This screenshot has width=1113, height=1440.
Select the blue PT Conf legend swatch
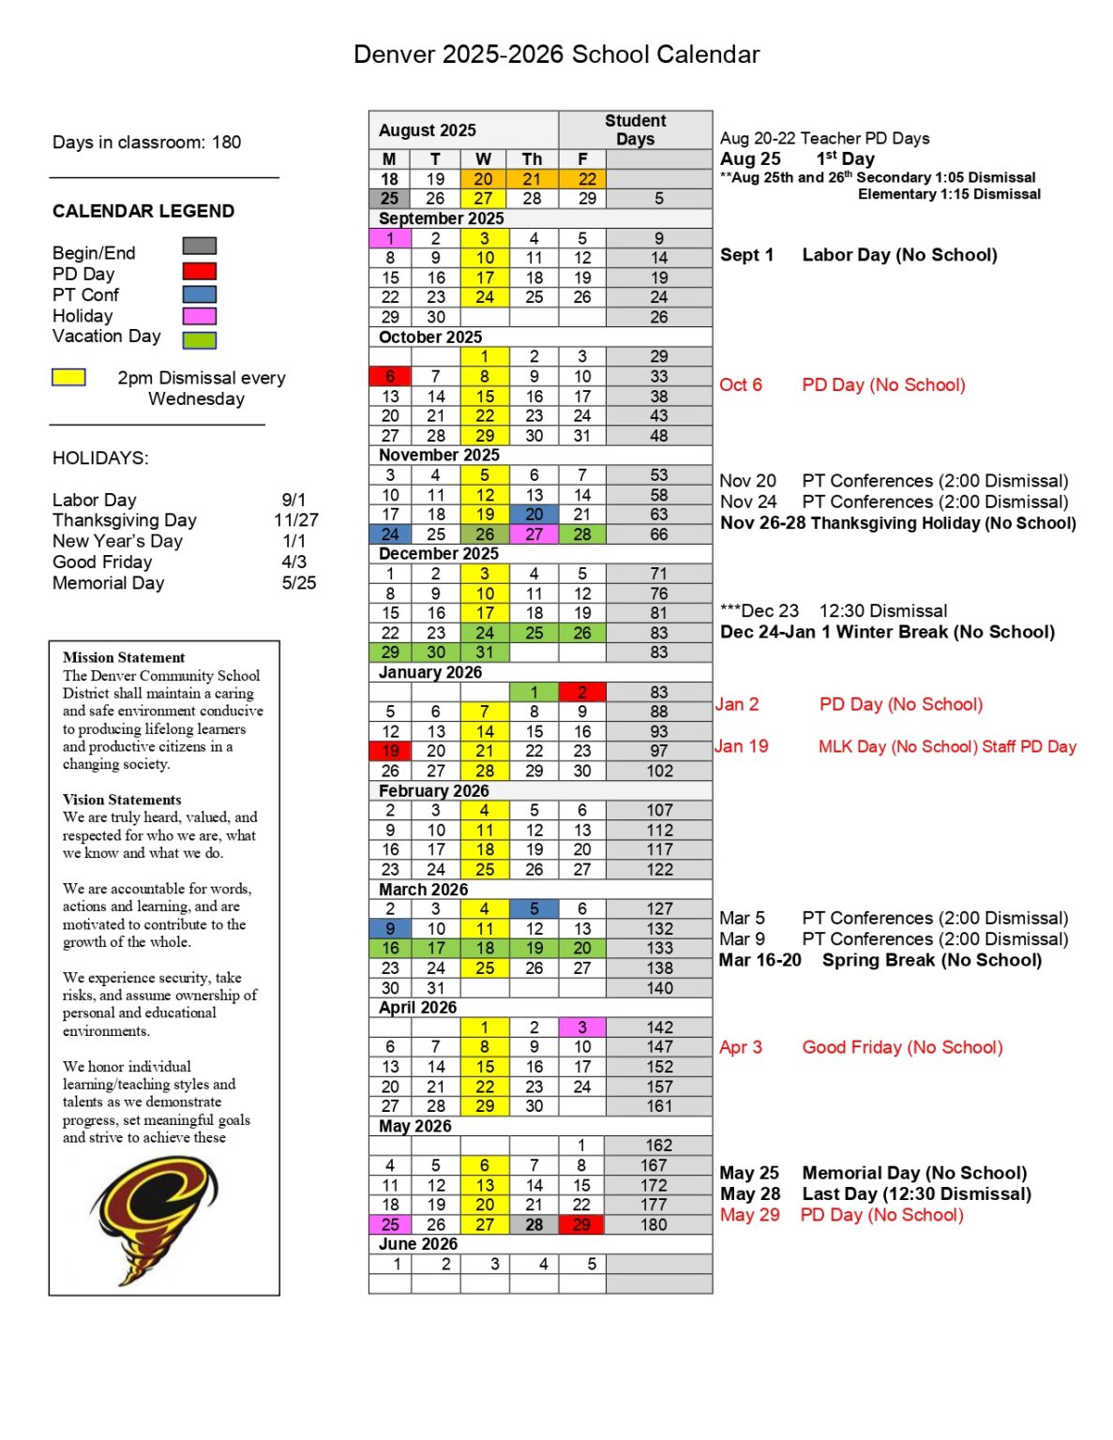[x=199, y=294]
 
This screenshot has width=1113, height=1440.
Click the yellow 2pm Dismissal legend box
[x=68, y=378]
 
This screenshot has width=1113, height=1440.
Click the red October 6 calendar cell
[x=390, y=377]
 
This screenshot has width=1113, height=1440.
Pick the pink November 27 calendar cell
[x=534, y=534]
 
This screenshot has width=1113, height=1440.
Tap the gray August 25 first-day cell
[x=390, y=199]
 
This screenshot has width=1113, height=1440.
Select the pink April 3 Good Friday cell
[x=582, y=1027]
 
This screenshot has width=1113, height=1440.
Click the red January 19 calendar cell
[x=390, y=751]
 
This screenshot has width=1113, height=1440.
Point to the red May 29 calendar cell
[x=582, y=1224]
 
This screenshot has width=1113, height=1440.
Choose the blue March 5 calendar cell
[x=534, y=908]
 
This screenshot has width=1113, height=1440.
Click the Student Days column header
[x=635, y=129]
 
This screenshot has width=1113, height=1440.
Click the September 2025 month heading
[x=441, y=218]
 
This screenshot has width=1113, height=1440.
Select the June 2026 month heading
[x=418, y=1244]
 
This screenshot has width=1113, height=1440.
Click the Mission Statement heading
[x=124, y=657]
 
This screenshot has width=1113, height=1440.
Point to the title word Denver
[x=394, y=54]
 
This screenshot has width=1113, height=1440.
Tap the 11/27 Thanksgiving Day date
[x=296, y=520]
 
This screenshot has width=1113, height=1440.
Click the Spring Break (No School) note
[x=931, y=960]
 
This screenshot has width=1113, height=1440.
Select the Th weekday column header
[x=532, y=159]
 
